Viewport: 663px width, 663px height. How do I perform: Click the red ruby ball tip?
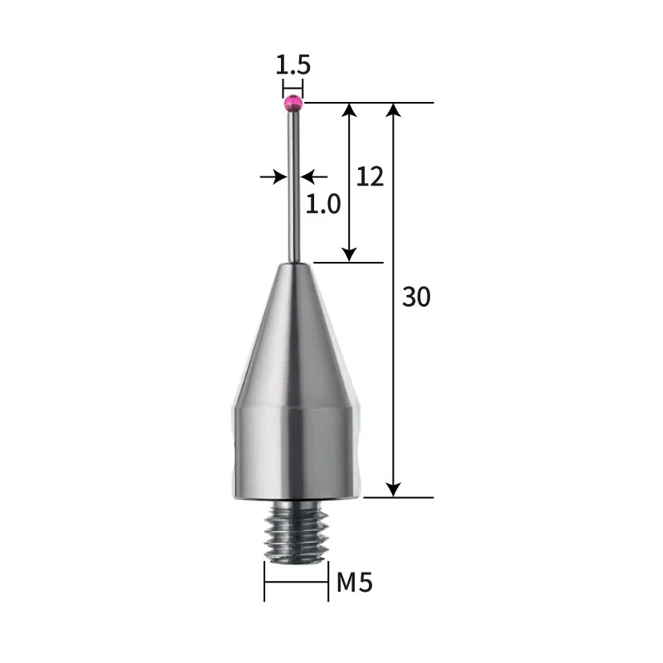[x=293, y=104]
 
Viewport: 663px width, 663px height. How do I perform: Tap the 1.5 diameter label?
[x=293, y=64]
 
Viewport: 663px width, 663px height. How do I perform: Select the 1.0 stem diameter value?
[x=323, y=203]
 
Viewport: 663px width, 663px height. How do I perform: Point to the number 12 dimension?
[x=370, y=176]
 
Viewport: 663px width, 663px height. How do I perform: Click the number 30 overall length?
[x=416, y=296]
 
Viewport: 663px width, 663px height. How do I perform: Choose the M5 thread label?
[x=355, y=583]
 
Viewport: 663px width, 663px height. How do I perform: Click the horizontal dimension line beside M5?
[x=296, y=582]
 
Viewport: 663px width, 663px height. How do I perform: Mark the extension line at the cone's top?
[x=348, y=263]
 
